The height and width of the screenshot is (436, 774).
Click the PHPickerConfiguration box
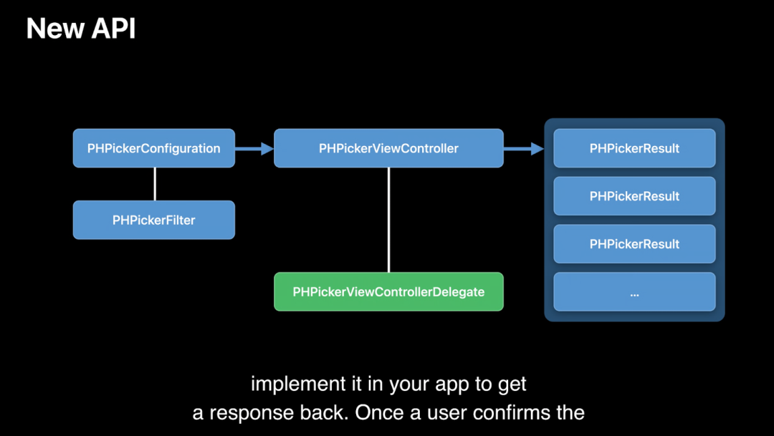[154, 148]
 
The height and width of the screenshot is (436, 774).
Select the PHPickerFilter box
[154, 220]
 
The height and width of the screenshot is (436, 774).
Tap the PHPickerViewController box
[388, 148]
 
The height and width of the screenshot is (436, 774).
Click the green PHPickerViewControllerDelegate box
[388, 291]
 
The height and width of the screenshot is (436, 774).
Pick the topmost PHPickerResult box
[634, 148]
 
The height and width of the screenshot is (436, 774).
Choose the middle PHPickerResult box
[634, 195]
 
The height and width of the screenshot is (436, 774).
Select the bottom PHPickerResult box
[634, 243]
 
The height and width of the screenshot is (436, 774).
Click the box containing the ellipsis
[634, 291]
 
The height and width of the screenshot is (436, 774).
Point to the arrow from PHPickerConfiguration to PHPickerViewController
[254, 148]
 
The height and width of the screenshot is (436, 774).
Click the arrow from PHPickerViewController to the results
[524, 148]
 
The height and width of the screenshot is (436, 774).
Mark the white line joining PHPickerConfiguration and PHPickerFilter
[155, 184]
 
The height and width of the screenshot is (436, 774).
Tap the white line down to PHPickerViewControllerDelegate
[389, 220]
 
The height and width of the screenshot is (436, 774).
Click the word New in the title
[54, 28]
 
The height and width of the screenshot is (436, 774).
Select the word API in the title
[113, 28]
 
